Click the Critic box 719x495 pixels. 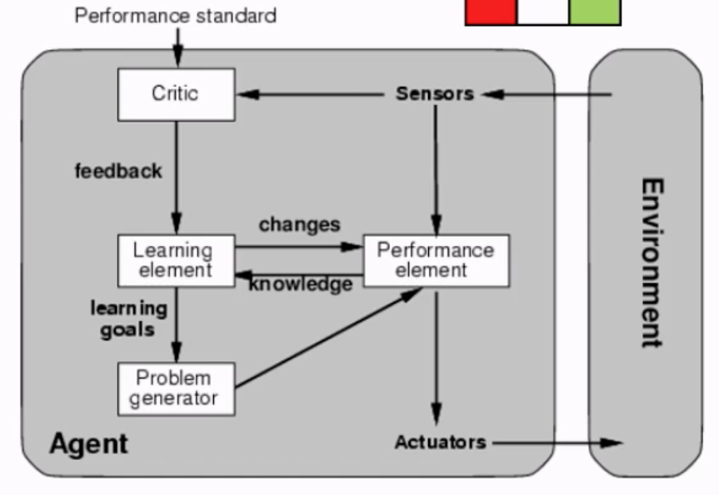(176, 94)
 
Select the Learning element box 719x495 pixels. (176, 260)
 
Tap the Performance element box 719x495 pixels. (436, 260)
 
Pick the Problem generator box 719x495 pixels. (176, 388)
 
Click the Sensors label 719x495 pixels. (435, 94)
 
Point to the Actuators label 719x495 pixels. (440, 442)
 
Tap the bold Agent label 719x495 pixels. (89, 443)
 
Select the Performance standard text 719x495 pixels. (175, 15)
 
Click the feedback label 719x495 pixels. (118, 171)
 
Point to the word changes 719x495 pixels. (299, 225)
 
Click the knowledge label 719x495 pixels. (301, 285)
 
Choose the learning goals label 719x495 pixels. (128, 318)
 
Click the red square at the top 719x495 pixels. (491, 11)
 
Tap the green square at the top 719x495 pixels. (594, 11)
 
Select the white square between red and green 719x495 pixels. (542, 11)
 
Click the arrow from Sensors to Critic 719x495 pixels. (312, 94)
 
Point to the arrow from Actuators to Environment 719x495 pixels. (556, 442)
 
